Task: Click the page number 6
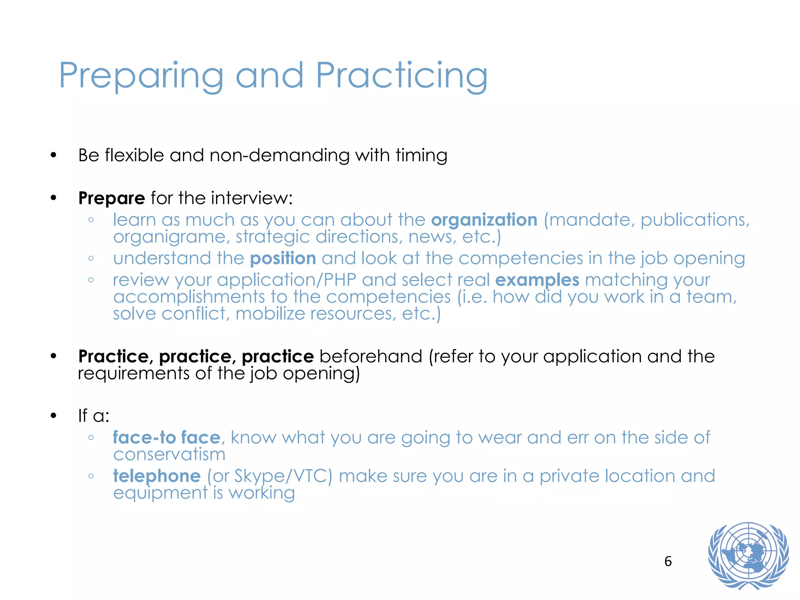[668, 561]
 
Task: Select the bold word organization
[484, 220]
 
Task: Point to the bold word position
[283, 259]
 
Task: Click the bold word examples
[537, 280]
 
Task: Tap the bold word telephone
[157, 476]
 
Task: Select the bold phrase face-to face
[167, 437]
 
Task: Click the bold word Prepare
[112, 198]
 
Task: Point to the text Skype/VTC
[283, 476]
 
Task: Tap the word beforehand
[371, 356]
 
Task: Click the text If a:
[94, 416]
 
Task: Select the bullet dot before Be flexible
[54, 155]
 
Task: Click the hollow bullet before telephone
[91, 476]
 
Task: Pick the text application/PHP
[286, 280]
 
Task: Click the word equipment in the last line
[160, 493]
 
